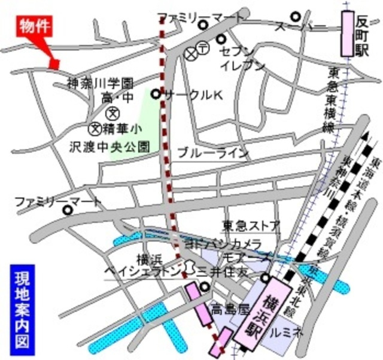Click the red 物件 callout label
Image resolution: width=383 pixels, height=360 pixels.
(x=34, y=27)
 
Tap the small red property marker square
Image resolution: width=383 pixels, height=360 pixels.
(x=54, y=62)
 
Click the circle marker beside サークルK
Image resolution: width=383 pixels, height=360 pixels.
(x=156, y=94)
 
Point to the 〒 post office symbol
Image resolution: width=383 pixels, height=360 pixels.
(x=203, y=48)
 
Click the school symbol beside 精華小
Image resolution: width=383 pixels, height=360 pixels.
(x=95, y=128)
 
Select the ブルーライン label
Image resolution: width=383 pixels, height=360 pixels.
(x=213, y=153)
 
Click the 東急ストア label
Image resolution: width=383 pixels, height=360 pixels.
(x=251, y=226)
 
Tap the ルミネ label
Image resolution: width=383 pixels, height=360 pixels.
(x=288, y=331)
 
